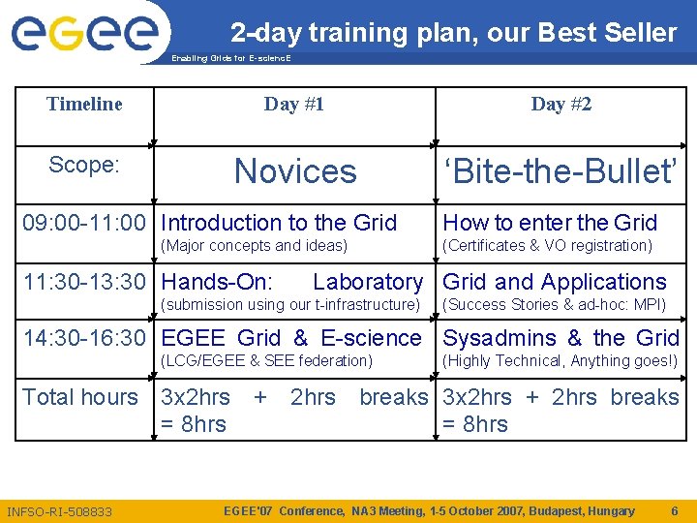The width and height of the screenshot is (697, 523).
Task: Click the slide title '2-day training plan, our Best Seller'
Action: click(x=453, y=33)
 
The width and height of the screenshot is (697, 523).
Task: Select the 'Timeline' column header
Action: click(x=84, y=104)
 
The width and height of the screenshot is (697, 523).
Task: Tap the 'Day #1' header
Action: click(x=294, y=104)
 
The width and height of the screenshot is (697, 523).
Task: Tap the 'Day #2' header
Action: click(x=561, y=104)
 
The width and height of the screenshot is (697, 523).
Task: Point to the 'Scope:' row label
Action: click(x=84, y=165)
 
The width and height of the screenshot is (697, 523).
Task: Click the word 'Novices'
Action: click(x=295, y=171)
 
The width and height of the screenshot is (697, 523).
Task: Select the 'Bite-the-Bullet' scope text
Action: click(x=561, y=171)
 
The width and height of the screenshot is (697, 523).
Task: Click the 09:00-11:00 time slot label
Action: click(x=84, y=223)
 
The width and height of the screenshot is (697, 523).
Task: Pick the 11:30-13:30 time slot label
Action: click(x=84, y=282)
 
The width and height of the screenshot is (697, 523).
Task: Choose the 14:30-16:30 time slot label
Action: click(x=84, y=338)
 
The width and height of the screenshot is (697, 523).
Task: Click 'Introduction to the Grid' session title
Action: click(x=279, y=223)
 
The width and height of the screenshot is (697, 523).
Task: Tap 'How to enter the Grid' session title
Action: click(x=550, y=223)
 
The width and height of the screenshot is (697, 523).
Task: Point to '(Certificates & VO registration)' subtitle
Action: click(x=547, y=246)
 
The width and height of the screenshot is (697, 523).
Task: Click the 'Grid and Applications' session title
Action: click(x=555, y=282)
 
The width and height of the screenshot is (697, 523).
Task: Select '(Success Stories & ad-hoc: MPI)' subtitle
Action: click(x=554, y=305)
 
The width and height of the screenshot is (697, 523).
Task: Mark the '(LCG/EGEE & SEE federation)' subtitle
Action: click(x=266, y=361)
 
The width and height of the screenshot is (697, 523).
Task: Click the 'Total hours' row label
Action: click(x=80, y=396)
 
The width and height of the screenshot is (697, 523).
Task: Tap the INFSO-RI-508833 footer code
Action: click(x=59, y=511)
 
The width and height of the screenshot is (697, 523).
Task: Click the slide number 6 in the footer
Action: click(x=674, y=510)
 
